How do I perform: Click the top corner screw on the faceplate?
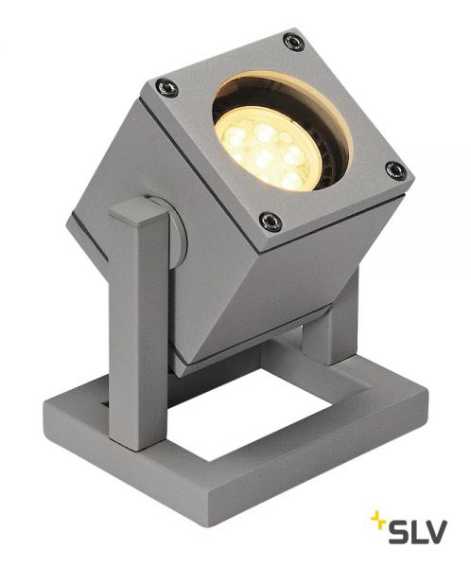(293, 42)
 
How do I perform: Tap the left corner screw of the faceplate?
(167, 87)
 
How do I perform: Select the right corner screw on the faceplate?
(396, 169)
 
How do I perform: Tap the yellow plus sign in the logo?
(379, 518)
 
